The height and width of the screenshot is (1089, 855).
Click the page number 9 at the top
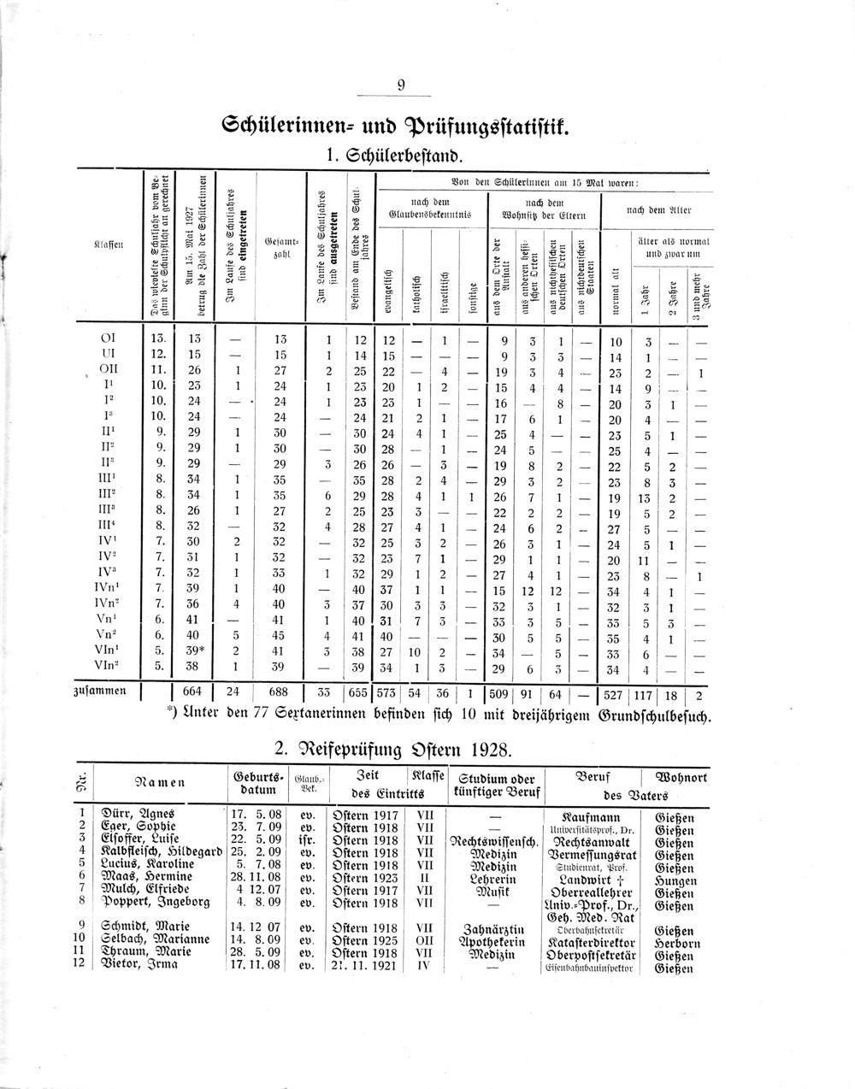(401, 85)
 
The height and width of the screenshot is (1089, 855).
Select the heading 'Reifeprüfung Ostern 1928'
(394, 750)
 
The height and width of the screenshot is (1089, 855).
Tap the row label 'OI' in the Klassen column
(109, 338)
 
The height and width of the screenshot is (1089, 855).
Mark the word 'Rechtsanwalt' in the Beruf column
(591, 840)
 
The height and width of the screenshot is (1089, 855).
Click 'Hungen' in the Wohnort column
(674, 876)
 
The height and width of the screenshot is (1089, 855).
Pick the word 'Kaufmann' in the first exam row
(591, 816)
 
